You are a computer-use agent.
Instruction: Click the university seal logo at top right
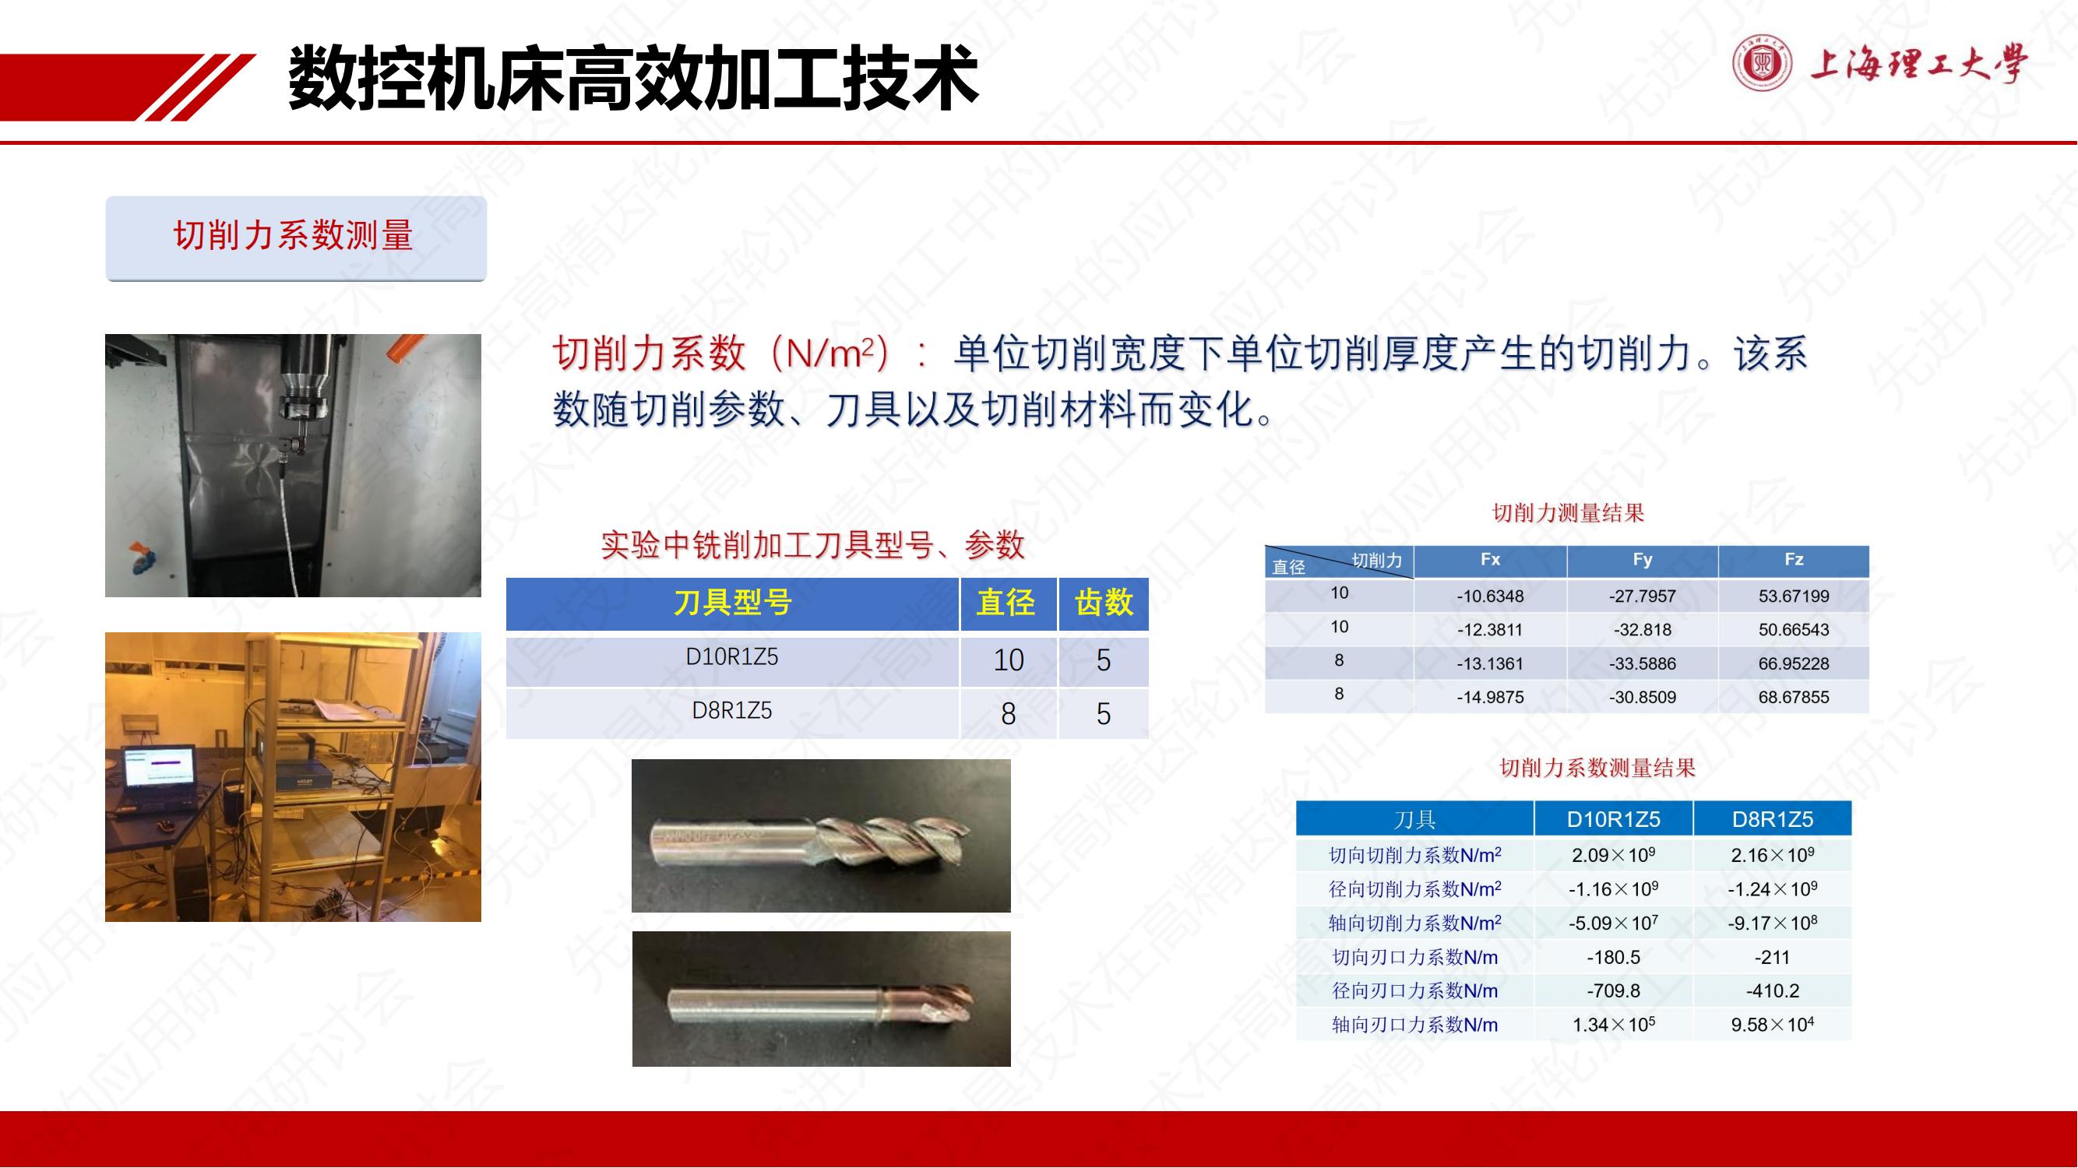point(1763,62)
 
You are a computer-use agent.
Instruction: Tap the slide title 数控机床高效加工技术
point(633,77)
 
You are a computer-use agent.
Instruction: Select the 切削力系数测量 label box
point(296,238)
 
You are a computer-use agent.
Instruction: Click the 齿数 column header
point(1104,603)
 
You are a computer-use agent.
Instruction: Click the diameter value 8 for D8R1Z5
point(1009,713)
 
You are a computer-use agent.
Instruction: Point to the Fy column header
point(1643,559)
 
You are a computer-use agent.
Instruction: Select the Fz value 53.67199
point(1793,596)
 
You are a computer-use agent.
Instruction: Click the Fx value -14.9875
point(1490,697)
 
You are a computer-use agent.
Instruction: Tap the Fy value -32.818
point(1643,629)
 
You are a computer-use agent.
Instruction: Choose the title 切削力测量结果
point(1567,512)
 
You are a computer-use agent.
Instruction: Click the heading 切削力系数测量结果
point(1597,767)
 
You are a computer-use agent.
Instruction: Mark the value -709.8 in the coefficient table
point(1613,990)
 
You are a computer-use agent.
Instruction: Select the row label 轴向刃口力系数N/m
point(1414,1025)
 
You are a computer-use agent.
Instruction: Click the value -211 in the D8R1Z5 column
point(1771,957)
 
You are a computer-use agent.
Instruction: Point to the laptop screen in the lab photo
point(159,769)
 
